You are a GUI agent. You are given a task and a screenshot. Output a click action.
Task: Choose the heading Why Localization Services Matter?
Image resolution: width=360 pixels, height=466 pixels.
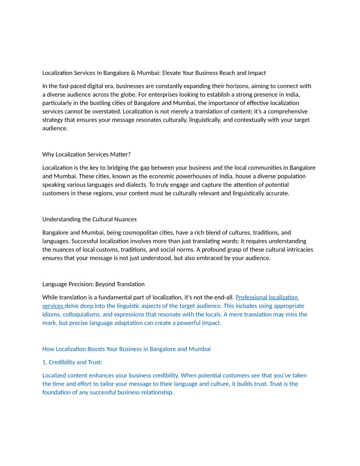86,154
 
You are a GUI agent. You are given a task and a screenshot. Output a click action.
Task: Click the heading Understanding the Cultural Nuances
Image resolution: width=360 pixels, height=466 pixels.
90,219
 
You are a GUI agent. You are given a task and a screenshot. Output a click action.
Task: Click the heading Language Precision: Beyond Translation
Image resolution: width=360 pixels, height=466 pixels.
93,284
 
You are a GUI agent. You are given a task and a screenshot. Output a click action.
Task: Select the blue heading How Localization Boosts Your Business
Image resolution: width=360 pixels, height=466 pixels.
126,349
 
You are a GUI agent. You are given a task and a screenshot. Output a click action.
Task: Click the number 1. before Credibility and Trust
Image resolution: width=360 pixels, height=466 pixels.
45,362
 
